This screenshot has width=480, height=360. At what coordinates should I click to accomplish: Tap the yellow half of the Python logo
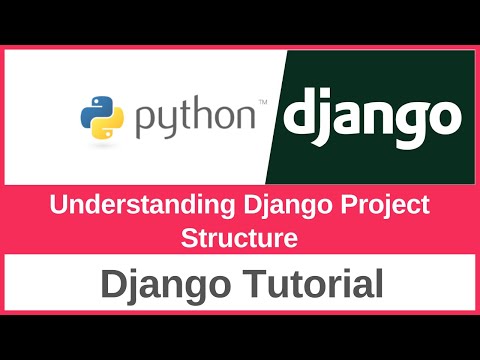point(109,128)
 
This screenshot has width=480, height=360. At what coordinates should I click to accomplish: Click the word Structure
point(239,239)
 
